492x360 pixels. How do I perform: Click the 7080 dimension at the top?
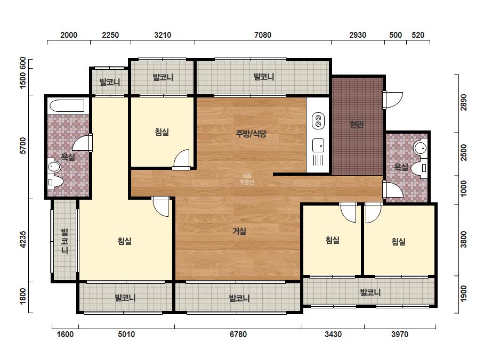(x=263, y=35)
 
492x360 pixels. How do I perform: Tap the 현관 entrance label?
(x=357, y=125)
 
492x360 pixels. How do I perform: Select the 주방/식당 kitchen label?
(x=251, y=134)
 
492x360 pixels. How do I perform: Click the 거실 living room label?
(x=239, y=231)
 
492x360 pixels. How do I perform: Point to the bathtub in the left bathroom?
(x=67, y=106)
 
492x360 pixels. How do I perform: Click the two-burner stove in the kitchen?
(x=318, y=121)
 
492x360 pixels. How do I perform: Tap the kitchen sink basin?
(x=318, y=146)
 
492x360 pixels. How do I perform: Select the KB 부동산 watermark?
(x=247, y=179)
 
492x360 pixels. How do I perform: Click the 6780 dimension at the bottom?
(x=238, y=334)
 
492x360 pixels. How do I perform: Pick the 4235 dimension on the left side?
(x=23, y=240)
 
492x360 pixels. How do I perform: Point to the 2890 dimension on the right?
(x=463, y=103)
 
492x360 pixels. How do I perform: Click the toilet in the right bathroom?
(x=420, y=168)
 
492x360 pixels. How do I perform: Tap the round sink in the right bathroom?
(x=420, y=148)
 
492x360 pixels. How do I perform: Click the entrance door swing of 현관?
(x=393, y=100)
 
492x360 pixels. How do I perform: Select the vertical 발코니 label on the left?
(x=64, y=241)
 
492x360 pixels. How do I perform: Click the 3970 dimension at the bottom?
(x=400, y=334)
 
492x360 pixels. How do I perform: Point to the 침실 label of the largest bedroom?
(x=125, y=241)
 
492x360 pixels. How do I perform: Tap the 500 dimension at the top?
(x=396, y=35)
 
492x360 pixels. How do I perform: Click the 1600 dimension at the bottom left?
(x=65, y=334)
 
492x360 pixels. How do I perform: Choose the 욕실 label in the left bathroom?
(x=68, y=157)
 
